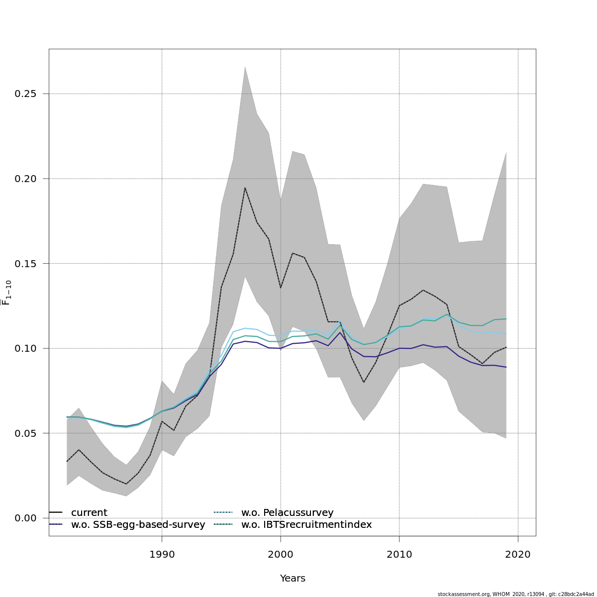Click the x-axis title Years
click(x=293, y=579)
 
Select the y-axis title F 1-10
click(x=7, y=293)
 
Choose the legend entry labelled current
click(x=89, y=513)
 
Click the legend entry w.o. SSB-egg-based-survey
click(x=138, y=525)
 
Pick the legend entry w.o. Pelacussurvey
click(x=287, y=513)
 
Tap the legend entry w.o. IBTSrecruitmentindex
click(x=306, y=525)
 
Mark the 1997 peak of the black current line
click(x=245, y=188)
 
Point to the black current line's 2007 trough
click(x=364, y=382)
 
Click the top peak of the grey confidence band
click(x=245, y=67)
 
